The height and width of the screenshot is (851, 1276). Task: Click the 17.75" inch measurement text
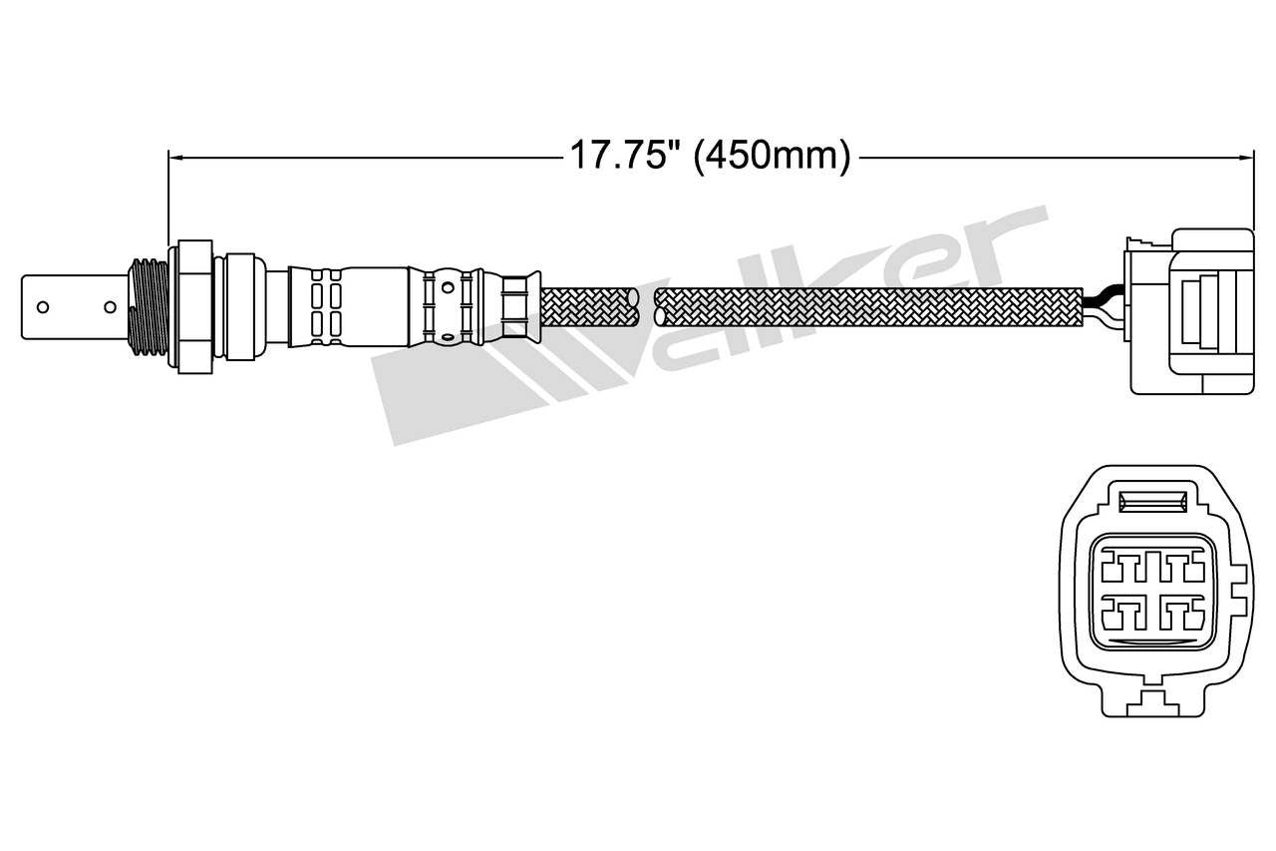click(623, 157)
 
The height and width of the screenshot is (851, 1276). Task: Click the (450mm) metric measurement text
click(773, 157)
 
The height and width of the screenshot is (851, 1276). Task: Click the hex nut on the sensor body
click(194, 306)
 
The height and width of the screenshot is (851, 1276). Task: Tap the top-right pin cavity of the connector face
click(1182, 571)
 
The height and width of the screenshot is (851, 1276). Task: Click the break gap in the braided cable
click(646, 306)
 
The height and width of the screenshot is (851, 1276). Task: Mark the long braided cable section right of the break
click(867, 306)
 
